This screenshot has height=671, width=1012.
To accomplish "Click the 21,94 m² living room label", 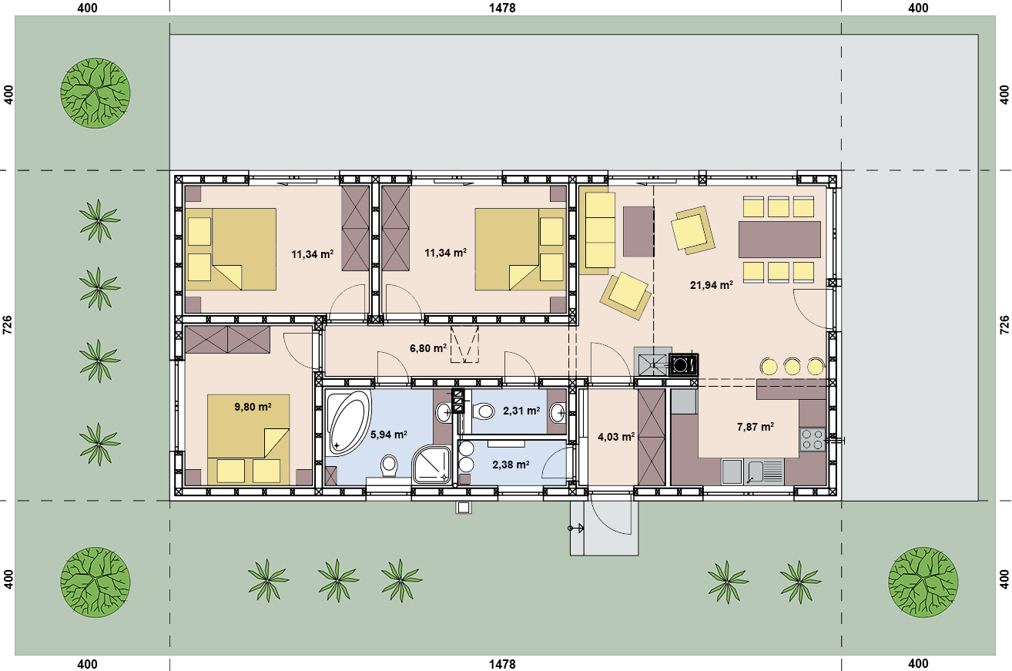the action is click(x=711, y=285).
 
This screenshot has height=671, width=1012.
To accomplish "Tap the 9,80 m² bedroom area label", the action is click(x=253, y=407).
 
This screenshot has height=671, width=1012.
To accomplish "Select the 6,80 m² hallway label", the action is click(x=428, y=348).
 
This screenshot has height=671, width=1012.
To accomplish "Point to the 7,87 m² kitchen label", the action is click(x=755, y=427).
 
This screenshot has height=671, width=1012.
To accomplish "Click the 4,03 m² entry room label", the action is click(x=616, y=437).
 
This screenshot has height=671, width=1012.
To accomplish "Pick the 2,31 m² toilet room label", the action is click(x=521, y=411).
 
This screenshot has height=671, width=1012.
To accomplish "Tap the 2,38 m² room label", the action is click(x=511, y=465).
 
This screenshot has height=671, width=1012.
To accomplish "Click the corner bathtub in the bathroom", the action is click(x=348, y=422).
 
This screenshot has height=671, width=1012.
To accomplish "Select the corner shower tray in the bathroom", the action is click(x=431, y=465).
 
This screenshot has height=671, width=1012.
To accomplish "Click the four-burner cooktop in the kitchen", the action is click(x=813, y=440).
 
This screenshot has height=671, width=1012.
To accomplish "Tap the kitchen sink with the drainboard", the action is click(x=763, y=471).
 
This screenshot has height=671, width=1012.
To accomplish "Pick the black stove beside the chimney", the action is click(x=684, y=364).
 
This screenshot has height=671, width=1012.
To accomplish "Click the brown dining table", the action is click(x=779, y=240).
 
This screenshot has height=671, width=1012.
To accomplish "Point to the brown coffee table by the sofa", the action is click(x=638, y=232).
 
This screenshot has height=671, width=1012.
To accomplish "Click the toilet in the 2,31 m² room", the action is click(x=484, y=411).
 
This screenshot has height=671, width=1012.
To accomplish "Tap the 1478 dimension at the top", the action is click(x=502, y=8).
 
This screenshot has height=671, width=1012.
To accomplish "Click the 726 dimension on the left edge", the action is click(x=8, y=325).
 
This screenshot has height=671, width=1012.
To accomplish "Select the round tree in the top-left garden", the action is click(x=96, y=93).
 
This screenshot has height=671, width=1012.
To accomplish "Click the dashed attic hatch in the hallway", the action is click(x=464, y=344).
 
